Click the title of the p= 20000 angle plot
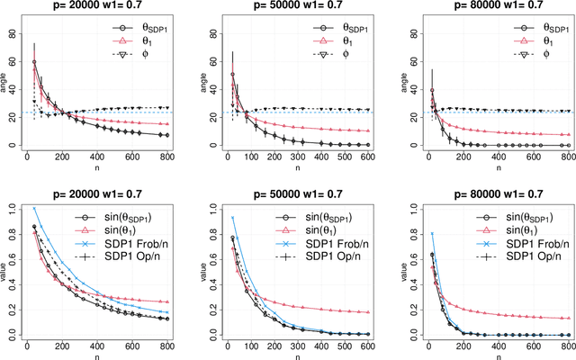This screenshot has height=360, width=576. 99,8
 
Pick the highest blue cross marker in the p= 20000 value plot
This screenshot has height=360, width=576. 36,208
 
